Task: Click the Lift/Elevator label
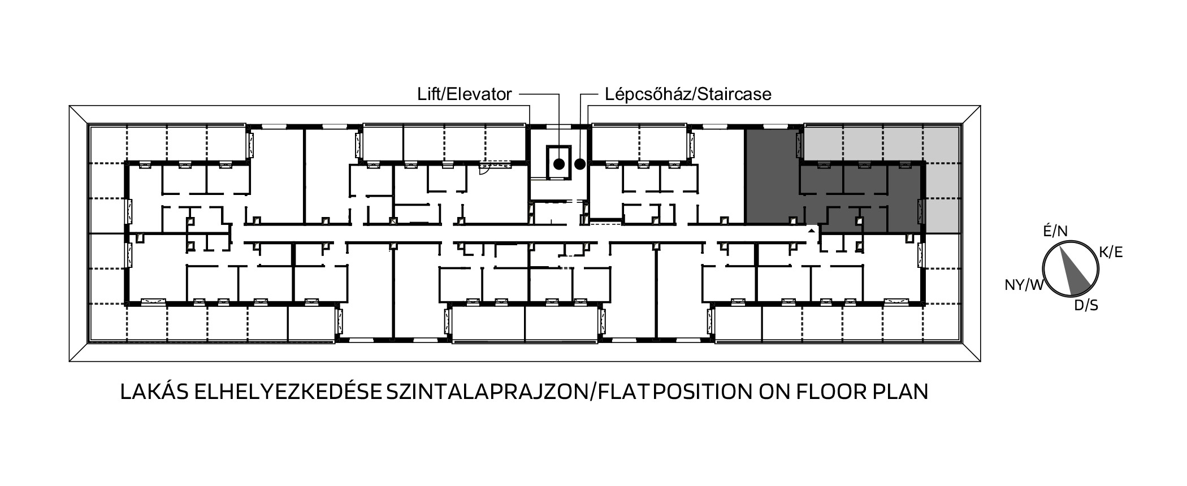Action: coord(465,94)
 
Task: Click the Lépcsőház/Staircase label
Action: coord(688,94)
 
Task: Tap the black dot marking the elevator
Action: coord(558,164)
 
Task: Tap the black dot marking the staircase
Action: coord(580,164)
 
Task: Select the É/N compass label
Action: coord(1055,231)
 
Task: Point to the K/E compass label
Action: coord(1110,253)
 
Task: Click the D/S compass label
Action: coord(1086,306)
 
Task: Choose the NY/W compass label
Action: coord(1024,285)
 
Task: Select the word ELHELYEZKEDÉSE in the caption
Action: coord(288,392)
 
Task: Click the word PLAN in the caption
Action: coord(900,392)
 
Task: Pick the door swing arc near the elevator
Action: coord(484,171)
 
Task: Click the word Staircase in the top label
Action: coord(734,94)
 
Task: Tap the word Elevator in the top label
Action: coord(480,94)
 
